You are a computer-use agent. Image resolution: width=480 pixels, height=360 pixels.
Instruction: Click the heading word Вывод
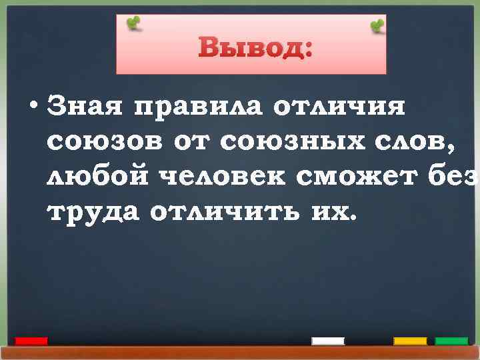pos(255,47)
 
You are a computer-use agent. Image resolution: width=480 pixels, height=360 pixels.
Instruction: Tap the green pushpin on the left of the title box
pos(135,23)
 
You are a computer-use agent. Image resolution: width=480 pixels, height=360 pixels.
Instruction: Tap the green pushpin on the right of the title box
pos(377,26)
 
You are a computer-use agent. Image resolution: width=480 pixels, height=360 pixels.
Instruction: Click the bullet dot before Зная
pos(33,109)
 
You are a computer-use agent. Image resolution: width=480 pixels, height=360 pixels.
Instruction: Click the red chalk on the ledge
pos(31,341)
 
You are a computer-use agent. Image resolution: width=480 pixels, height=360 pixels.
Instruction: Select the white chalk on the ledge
pos(328,341)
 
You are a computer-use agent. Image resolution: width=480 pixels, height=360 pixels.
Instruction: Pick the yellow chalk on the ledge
pos(410,341)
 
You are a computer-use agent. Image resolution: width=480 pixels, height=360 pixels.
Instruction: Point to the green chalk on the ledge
pos(451,341)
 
